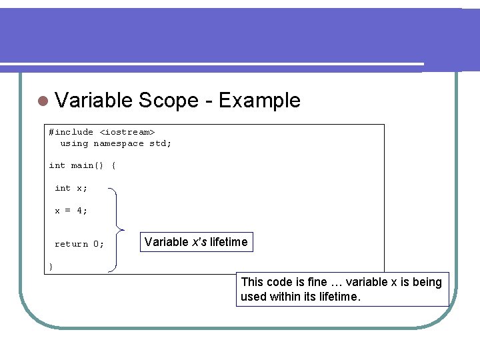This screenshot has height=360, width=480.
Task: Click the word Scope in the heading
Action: tap(169, 101)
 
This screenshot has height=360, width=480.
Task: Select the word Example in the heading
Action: tap(259, 101)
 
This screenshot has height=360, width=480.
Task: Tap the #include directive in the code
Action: tap(71, 132)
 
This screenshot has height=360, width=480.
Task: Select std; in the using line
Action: tap(160, 143)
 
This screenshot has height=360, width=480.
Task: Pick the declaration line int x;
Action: tap(71, 188)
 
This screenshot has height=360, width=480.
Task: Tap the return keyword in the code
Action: tap(71, 244)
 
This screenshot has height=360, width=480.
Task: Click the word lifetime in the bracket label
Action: tap(229, 242)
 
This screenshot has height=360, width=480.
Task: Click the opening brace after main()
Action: tap(113, 165)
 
